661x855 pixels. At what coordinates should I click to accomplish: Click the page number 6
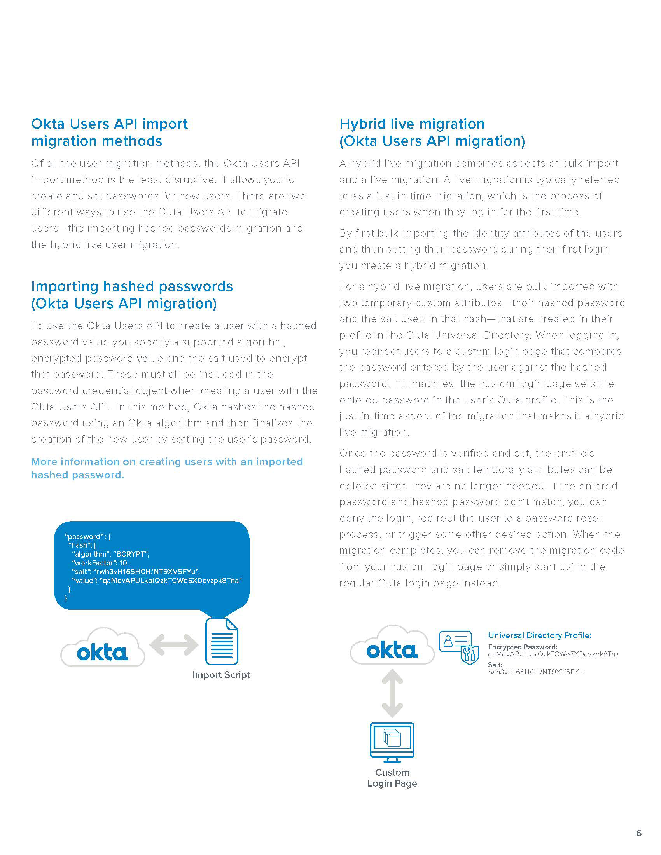point(639,833)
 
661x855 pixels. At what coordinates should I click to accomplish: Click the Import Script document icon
point(222,641)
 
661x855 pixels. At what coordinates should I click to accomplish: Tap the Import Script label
point(221,675)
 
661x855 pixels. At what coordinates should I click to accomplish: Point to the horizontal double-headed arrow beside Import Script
point(174,644)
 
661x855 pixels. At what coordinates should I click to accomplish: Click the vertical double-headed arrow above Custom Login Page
point(392,693)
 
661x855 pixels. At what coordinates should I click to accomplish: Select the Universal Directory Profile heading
point(539,635)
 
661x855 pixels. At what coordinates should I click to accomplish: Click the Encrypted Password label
point(522,647)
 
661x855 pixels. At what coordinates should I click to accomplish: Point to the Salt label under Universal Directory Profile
point(495,664)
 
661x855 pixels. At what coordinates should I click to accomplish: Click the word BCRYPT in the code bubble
point(131,554)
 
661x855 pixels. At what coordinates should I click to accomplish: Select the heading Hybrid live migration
point(412,124)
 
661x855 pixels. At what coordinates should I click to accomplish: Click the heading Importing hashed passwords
point(132,286)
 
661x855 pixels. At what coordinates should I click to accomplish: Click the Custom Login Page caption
point(392,778)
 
